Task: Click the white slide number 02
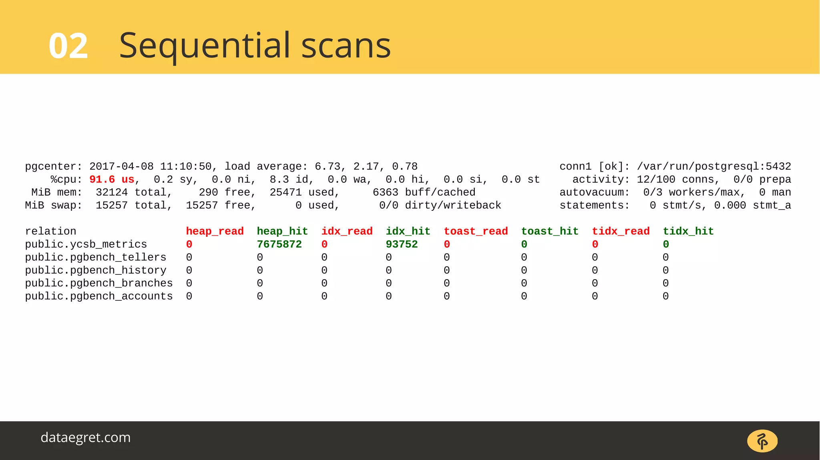[68, 46]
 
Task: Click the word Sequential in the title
[205, 46]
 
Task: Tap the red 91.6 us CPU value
[112, 180]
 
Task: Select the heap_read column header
[215, 231]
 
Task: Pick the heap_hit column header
[282, 231]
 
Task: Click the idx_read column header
[347, 231]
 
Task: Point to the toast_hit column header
[550, 231]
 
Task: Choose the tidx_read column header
[621, 231]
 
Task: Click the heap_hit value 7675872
[279, 244]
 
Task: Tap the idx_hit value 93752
[402, 244]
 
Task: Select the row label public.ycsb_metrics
[86, 244]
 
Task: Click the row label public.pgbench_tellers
[95, 257]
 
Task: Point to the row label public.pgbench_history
[95, 270]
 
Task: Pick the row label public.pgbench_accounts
[98, 296]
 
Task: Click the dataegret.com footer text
[86, 438]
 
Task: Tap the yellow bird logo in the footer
[762, 441]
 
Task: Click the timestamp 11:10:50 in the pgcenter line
[186, 166]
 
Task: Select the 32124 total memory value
[112, 192]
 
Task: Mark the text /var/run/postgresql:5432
[714, 166]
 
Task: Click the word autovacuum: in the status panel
[594, 192]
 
